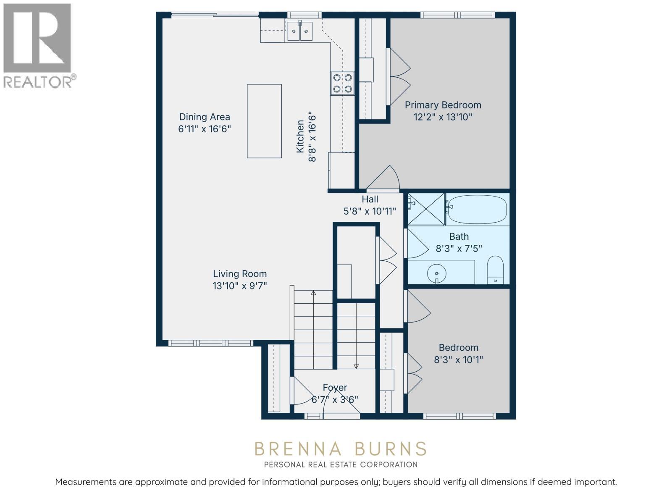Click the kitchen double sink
(x=300, y=31)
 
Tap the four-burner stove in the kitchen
(x=342, y=83)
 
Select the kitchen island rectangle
(x=264, y=121)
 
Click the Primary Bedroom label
(x=443, y=105)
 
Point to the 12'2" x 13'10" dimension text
(x=443, y=117)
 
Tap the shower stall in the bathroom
(x=426, y=209)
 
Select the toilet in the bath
(x=496, y=270)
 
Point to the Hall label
(x=370, y=199)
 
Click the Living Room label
(x=240, y=274)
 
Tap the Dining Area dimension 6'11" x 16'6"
(x=205, y=129)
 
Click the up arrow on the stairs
(x=313, y=293)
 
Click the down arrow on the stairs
(x=356, y=366)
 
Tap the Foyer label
(x=335, y=387)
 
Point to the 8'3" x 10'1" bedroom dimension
(x=458, y=360)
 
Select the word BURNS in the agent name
(x=391, y=449)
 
